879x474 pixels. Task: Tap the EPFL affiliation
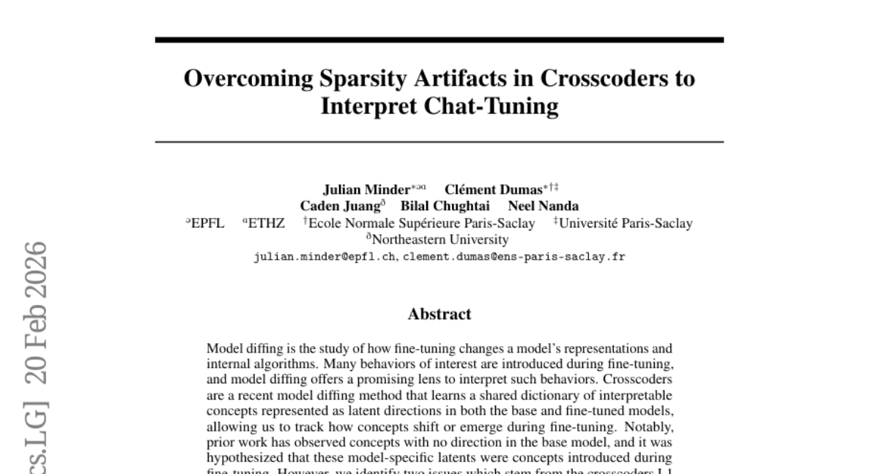pyautogui.click(x=207, y=223)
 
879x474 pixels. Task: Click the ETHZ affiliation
pyautogui.click(x=267, y=223)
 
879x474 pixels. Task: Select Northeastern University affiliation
pyautogui.click(x=439, y=240)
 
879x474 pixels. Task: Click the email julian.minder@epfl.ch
pyautogui.click(x=325, y=257)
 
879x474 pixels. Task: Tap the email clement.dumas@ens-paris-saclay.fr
pyautogui.click(x=514, y=257)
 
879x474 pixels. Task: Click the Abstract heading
pyautogui.click(x=439, y=315)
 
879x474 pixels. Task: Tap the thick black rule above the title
pyautogui.click(x=439, y=39)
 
